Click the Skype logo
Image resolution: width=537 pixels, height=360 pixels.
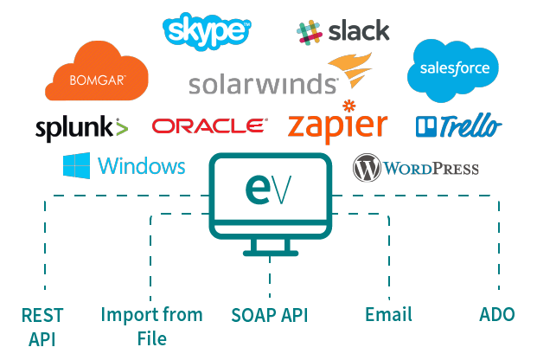coord(207,30)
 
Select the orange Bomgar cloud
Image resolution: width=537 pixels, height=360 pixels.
coord(97,74)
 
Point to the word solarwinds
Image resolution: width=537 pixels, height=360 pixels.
coord(262,84)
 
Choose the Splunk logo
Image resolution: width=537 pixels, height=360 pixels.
coord(81,128)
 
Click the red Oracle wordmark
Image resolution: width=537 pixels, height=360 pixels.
coord(208,126)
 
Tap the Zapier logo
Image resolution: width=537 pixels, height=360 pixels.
coord(337,125)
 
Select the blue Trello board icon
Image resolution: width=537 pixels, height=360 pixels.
coord(426,127)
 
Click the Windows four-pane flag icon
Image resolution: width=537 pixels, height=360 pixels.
coord(76,166)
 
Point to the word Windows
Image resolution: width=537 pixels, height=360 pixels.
coord(142,166)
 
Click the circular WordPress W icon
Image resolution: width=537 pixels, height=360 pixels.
coord(368,168)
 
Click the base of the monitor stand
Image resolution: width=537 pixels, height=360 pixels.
coord(271,254)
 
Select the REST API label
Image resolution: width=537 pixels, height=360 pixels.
coord(42,325)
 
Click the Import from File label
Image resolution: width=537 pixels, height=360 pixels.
coord(151,325)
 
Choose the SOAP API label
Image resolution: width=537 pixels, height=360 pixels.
coord(270,314)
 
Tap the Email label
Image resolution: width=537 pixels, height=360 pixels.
coord(388,314)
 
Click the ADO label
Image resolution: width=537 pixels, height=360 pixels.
coord(497,314)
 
